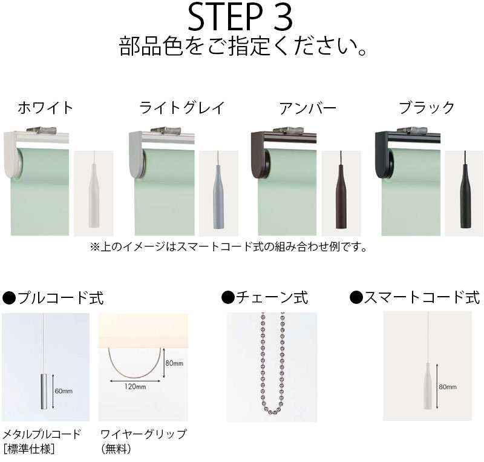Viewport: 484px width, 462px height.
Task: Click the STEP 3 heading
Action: (x=240, y=18)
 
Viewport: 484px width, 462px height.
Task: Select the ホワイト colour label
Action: (x=45, y=108)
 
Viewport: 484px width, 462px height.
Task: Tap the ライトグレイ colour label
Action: (x=182, y=108)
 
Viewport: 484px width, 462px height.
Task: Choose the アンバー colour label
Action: (x=307, y=108)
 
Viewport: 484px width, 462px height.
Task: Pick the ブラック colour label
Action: (x=427, y=108)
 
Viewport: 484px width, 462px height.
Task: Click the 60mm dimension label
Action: (x=64, y=391)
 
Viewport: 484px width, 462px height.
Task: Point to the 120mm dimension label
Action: (x=136, y=386)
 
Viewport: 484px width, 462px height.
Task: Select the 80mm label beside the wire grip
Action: (x=174, y=363)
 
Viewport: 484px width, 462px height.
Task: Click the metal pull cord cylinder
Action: (x=44, y=392)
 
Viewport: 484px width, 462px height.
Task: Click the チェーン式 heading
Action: (x=265, y=297)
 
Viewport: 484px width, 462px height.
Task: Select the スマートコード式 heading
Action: (x=415, y=297)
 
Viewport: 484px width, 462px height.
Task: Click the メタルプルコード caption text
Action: (x=42, y=434)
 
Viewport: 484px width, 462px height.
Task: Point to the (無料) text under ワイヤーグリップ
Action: (x=116, y=449)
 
